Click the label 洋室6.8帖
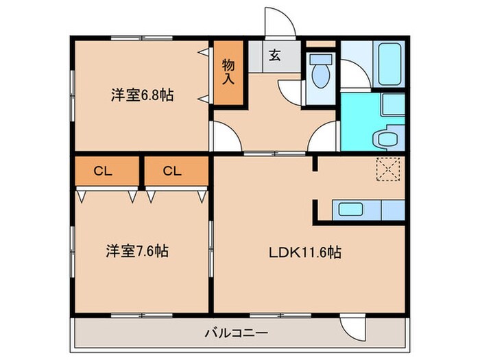(x=142, y=95)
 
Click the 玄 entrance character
(x=274, y=56)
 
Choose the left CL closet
(x=104, y=171)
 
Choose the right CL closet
(x=172, y=171)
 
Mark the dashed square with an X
(x=388, y=169)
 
